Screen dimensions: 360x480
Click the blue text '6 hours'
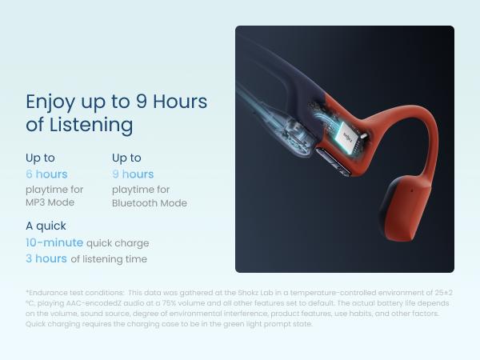tap(46, 174)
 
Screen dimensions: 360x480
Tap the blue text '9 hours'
tap(133, 174)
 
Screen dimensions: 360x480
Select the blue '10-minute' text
tap(54, 242)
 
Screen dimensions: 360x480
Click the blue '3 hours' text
tap(46, 258)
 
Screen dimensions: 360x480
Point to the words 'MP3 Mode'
tap(50, 203)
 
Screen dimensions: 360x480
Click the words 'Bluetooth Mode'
tap(150, 203)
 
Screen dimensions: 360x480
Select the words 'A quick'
tap(46, 226)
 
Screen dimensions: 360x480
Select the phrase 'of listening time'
tap(109, 259)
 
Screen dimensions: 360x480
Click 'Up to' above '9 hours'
tap(126, 158)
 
